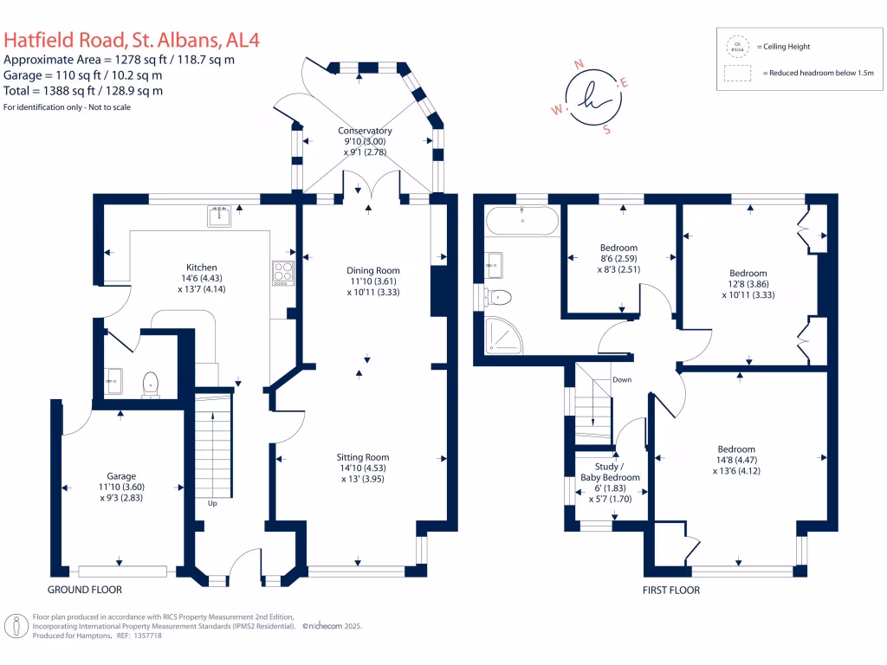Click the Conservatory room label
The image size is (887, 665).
[x=365, y=132]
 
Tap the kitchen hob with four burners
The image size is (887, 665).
[x=283, y=273]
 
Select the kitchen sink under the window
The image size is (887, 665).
[x=219, y=216]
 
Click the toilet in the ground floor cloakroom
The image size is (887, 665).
[x=152, y=382]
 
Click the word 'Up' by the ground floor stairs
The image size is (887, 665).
[x=211, y=502]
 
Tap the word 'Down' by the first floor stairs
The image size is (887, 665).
[x=622, y=380]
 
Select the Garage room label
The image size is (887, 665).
[x=121, y=476]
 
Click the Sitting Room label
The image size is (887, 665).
[x=363, y=457]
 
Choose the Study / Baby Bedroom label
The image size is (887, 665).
[x=610, y=472]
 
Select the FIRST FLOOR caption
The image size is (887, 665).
[x=670, y=590]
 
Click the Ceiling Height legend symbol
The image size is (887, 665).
[x=738, y=46]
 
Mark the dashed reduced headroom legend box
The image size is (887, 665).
[x=738, y=74]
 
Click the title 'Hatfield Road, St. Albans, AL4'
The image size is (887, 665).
[x=131, y=39]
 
